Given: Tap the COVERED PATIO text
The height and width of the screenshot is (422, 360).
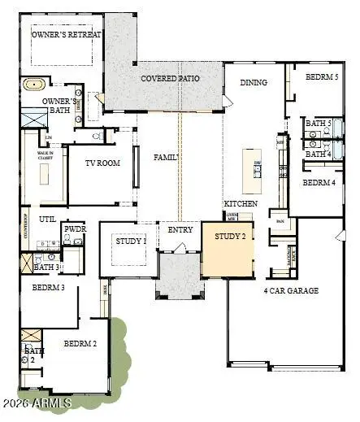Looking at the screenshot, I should tap(170, 78).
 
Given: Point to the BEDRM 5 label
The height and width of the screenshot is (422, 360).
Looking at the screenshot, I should tap(321, 77).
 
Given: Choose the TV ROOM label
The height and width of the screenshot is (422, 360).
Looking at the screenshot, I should tap(102, 163).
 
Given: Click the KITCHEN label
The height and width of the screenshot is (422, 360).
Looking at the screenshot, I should tap(241, 202).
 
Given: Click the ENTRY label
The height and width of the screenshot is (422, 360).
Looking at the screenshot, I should tap(180, 230).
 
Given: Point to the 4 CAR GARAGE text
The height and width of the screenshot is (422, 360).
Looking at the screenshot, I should tap(291, 290).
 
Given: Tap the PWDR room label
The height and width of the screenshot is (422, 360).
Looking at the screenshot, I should tap(75, 229).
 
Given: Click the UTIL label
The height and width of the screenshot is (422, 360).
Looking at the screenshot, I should tap(47, 219).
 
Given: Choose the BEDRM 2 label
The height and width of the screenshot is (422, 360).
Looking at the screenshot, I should tap(80, 344).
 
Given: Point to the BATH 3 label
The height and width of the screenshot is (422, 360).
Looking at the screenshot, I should tap(46, 266).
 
